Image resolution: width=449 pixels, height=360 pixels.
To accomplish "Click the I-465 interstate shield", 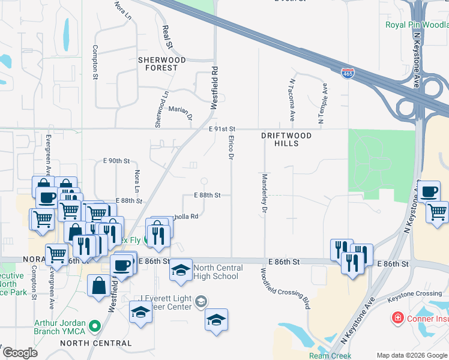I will [348, 73].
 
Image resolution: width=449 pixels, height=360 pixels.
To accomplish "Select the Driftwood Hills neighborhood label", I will [286, 140].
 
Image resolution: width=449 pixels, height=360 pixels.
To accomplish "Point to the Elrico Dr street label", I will [231, 147].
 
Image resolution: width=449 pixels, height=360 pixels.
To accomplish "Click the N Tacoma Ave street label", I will [292, 100].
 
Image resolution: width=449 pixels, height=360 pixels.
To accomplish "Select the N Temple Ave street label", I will [322, 104].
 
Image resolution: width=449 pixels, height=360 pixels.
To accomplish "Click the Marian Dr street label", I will [179, 110].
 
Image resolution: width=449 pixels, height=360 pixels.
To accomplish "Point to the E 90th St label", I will [116, 161].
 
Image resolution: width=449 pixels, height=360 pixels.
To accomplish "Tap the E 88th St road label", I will [208, 195].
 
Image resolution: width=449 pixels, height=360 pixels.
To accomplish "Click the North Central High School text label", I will [218, 272].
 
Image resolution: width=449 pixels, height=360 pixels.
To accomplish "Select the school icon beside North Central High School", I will [180, 271].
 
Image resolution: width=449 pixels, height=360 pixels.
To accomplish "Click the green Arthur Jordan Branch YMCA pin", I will [94, 326].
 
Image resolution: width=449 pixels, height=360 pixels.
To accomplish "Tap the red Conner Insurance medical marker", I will [397, 317].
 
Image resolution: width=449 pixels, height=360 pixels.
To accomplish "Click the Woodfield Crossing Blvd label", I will [285, 288].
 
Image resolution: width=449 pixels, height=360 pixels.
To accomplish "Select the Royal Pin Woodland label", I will [417, 25].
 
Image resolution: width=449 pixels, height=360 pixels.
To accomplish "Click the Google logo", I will [19, 353].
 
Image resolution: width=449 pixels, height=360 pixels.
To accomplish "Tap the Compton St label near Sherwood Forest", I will [95, 62].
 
